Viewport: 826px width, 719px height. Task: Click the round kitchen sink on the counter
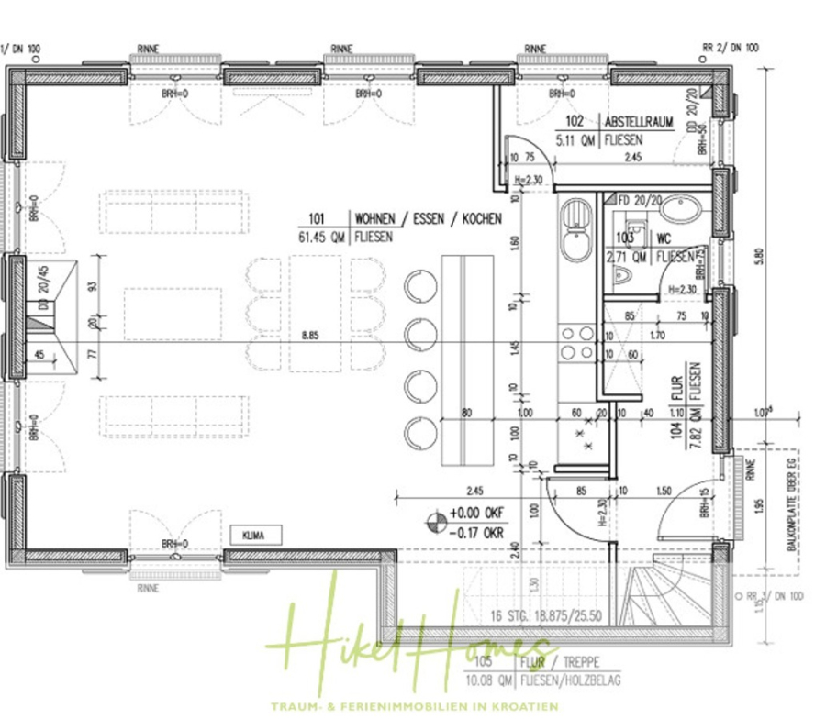(575, 244)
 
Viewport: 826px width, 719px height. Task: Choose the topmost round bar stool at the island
(420, 284)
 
